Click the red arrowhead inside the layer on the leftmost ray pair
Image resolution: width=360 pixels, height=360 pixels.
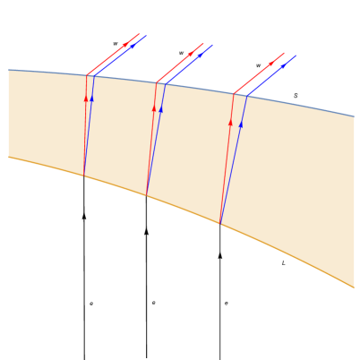tap(86, 99)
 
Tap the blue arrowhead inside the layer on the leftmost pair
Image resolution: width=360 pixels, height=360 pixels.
tap(91, 98)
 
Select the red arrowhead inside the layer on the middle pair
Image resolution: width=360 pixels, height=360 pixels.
tap(154, 107)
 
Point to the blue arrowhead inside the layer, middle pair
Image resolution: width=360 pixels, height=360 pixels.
tap(161, 108)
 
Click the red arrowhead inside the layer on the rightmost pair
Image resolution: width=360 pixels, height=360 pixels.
tap(230, 122)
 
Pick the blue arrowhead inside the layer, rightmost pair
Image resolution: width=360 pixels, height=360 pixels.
tap(241, 124)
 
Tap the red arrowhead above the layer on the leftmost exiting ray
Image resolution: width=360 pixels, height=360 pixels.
tap(125, 45)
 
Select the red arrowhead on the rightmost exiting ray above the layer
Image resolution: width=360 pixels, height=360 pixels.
tap(270, 64)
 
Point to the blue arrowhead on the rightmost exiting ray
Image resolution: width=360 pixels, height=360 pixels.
tap(283, 65)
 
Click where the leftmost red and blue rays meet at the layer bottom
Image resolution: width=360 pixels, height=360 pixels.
tap(84, 176)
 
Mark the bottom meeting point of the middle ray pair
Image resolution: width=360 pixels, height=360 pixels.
tap(147, 195)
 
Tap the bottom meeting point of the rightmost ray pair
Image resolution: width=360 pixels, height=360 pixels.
tap(220, 224)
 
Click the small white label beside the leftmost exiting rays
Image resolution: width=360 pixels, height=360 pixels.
tap(116, 44)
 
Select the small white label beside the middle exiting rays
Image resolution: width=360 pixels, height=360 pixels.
tap(181, 53)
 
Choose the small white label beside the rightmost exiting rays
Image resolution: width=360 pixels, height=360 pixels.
tap(258, 65)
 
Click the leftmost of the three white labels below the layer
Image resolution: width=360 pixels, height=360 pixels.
tap(91, 304)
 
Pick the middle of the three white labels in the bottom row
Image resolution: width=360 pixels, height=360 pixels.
tap(153, 304)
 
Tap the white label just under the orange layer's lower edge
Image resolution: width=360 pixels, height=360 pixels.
tap(283, 262)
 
